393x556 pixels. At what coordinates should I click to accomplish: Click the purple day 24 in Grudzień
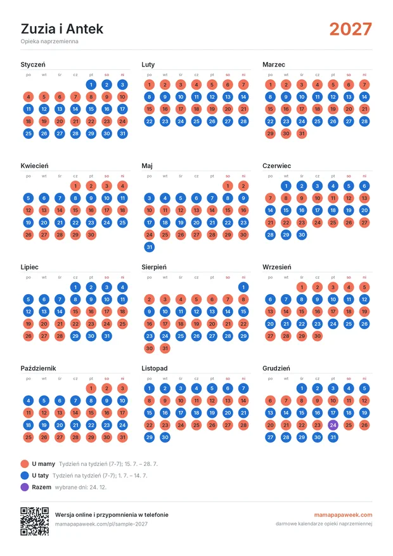[333, 425]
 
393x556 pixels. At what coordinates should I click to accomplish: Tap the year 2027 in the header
[351, 29]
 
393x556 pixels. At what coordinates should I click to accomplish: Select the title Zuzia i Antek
[62, 29]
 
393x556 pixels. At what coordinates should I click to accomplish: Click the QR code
[34, 521]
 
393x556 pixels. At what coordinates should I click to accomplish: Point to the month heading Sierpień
[154, 267]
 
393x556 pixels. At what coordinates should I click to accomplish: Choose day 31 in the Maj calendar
[149, 247]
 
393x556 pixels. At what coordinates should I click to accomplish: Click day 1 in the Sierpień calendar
[243, 287]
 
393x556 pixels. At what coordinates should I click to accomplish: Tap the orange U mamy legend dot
[25, 464]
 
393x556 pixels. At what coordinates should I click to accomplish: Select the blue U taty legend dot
[25, 475]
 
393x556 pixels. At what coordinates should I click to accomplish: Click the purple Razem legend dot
[25, 487]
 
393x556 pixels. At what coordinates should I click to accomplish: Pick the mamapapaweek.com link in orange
[343, 515]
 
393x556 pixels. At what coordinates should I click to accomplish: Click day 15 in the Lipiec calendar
[75, 311]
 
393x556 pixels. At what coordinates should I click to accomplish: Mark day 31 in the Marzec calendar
[302, 133]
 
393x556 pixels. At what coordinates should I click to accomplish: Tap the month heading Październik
[38, 368]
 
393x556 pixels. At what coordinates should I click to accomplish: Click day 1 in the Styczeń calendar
[91, 84]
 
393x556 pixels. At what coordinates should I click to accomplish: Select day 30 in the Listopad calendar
[165, 437]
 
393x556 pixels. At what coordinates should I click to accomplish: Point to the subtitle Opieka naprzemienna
[49, 41]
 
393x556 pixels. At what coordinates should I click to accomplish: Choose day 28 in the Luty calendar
[243, 121]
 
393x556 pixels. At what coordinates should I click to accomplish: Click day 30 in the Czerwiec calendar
[302, 235]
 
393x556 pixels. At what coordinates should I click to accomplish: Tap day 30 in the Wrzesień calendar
[317, 336]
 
